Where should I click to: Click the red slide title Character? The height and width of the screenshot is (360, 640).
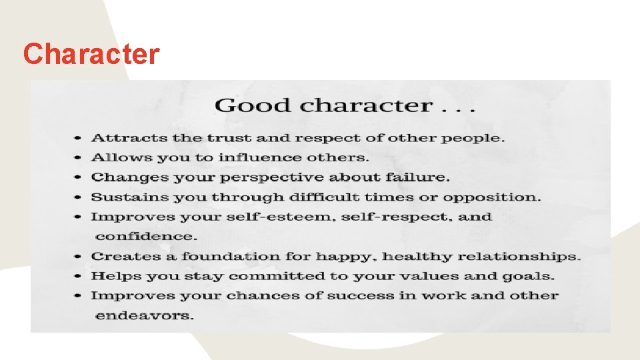point(91,54)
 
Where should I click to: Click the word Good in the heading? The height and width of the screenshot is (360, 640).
point(253,105)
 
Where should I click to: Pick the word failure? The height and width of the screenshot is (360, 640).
point(421,177)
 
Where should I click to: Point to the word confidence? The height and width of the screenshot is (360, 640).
point(147,237)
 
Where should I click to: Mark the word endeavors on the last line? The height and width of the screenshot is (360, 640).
point(145,315)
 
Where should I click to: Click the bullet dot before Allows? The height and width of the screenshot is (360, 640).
point(78,159)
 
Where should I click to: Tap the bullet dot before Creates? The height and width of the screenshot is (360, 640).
point(78,257)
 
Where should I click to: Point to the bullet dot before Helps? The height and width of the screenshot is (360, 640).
point(78,277)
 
